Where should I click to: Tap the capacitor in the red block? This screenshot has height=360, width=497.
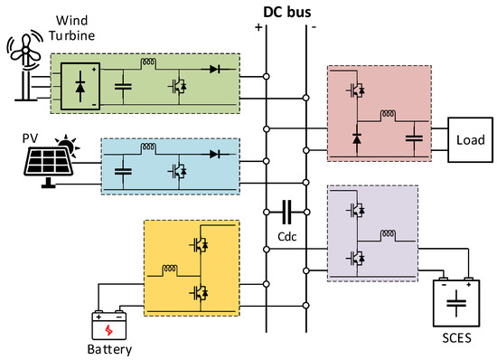coord(413,137)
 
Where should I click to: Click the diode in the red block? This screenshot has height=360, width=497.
coord(358,138)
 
